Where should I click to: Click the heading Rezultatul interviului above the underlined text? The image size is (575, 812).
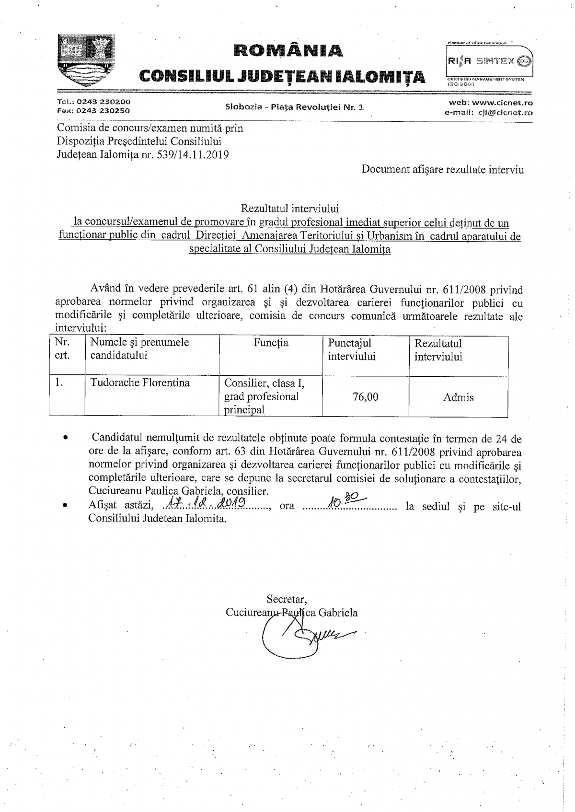(x=290, y=209)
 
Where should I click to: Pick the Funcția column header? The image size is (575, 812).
(x=271, y=343)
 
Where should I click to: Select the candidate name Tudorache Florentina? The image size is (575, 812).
(x=140, y=383)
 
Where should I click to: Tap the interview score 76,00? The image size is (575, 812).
(x=365, y=397)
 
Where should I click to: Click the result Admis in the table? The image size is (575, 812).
(x=459, y=397)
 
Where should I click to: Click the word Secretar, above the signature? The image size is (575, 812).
(x=287, y=599)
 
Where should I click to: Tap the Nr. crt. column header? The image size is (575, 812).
(x=62, y=349)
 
